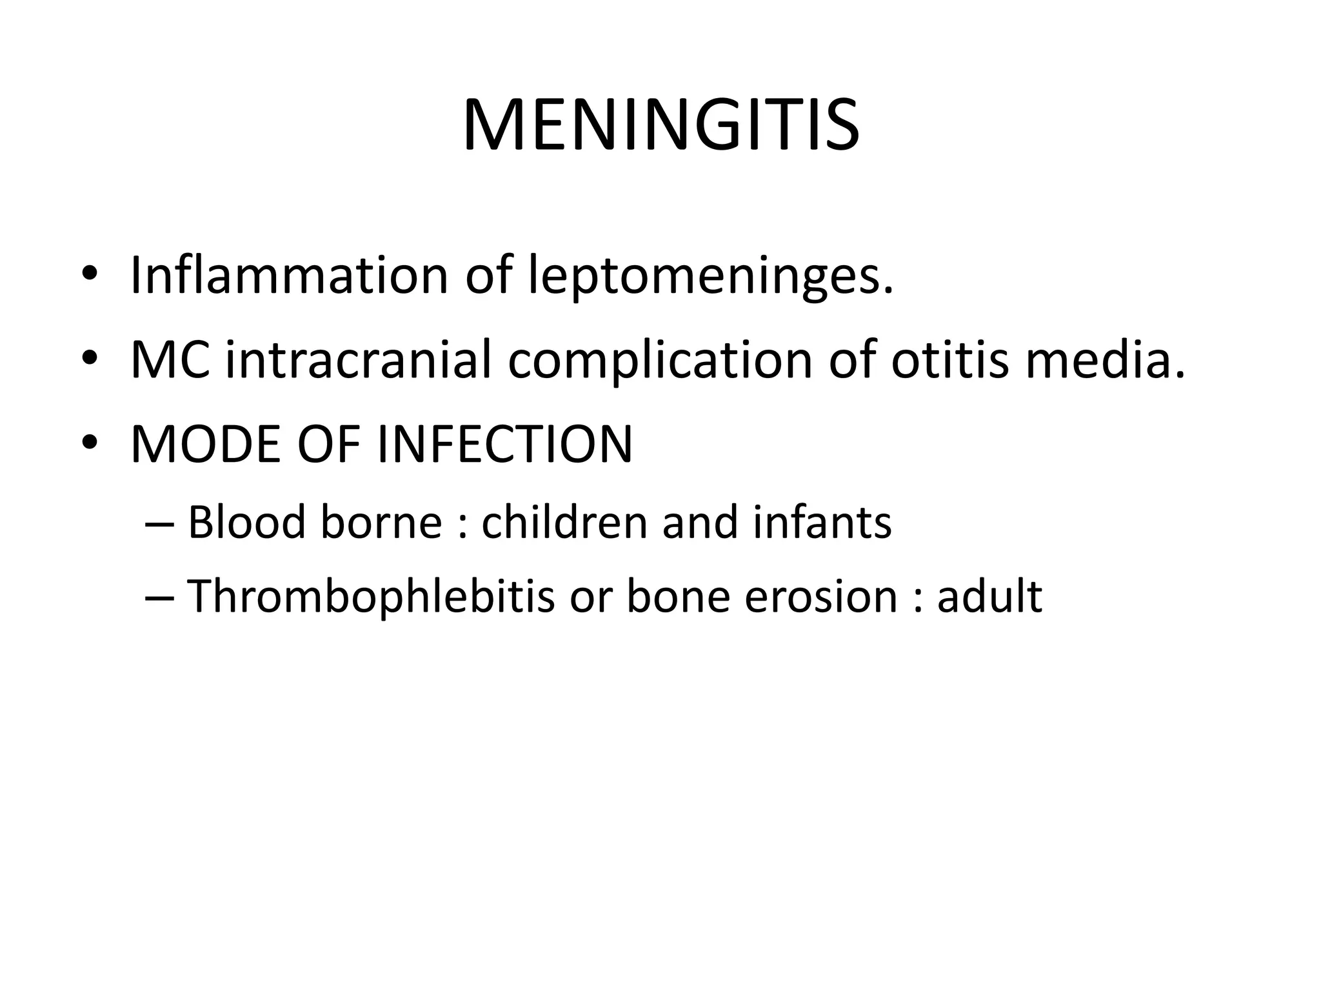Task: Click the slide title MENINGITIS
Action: (x=660, y=126)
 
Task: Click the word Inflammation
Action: (x=289, y=275)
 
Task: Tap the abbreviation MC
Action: (x=170, y=360)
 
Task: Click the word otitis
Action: (x=949, y=360)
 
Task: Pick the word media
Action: (x=1105, y=360)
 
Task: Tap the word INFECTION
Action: (x=504, y=445)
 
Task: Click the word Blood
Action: (x=246, y=522)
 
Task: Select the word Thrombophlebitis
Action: (x=371, y=596)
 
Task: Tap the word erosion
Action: (x=820, y=596)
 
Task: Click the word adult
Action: (x=989, y=596)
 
